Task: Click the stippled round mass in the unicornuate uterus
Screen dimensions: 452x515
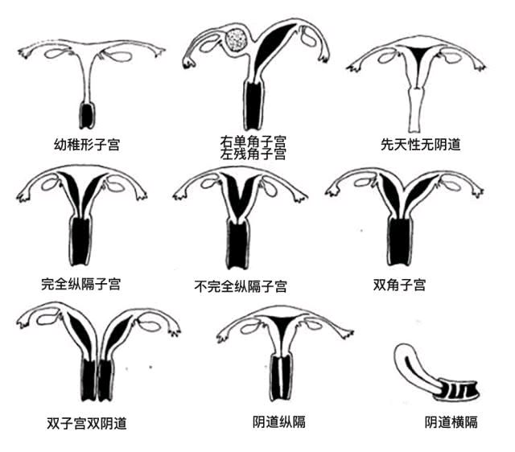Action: [x=236, y=39]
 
